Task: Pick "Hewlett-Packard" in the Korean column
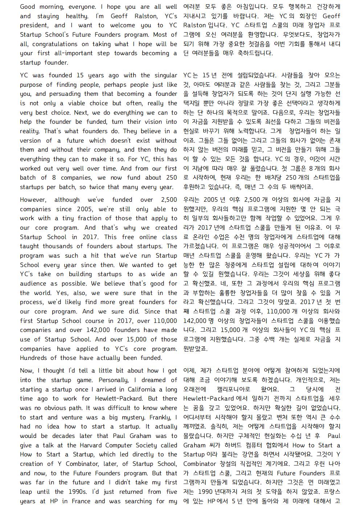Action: [x=208, y=398]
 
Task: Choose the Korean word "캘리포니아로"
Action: [x=236, y=389]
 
